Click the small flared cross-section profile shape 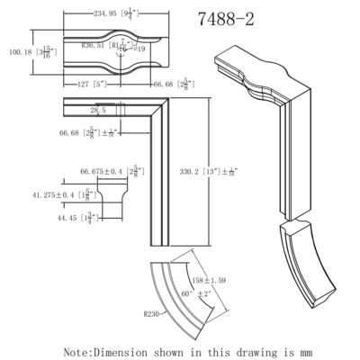pyautogui.click(x=112, y=192)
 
